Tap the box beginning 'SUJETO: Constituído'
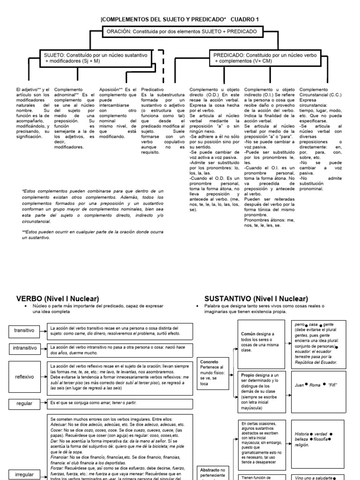coord(98,58)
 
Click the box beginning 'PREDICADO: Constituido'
coord(259,58)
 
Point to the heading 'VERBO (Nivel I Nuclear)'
coord(58,298)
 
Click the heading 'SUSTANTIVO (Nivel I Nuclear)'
coord(256,298)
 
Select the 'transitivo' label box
coord(24,330)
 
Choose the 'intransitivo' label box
coord(24,348)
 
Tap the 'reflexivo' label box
coord(24,376)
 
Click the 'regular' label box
coord(24,403)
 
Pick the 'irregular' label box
coord(24,474)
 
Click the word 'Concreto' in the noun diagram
coord(210,362)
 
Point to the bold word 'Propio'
coord(247,375)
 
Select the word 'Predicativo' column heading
coord(153,89)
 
